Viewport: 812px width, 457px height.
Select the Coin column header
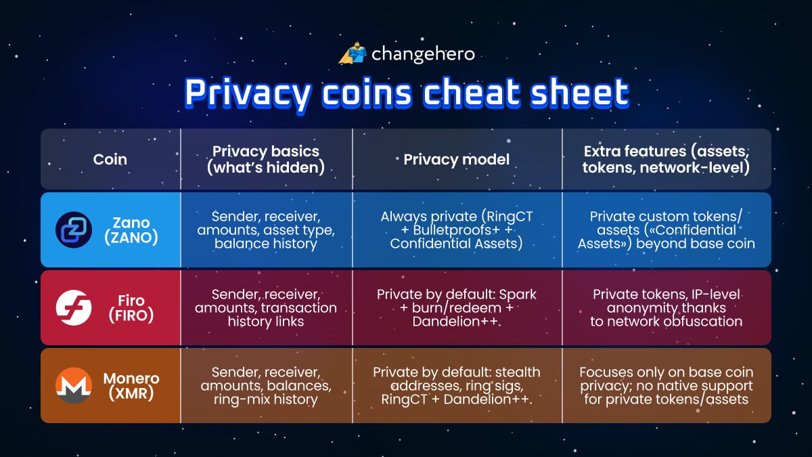point(110,160)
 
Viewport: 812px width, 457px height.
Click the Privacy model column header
point(456,160)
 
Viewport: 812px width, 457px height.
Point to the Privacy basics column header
point(266,160)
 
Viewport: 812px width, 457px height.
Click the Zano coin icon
point(73,230)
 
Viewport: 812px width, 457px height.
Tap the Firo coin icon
point(73,307)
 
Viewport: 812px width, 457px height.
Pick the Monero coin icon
point(73,386)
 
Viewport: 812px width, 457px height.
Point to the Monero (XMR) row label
point(131,386)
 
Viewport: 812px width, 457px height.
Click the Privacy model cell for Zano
point(456,230)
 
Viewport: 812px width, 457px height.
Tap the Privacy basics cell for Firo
point(266,307)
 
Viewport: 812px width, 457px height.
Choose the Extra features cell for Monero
point(666,386)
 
